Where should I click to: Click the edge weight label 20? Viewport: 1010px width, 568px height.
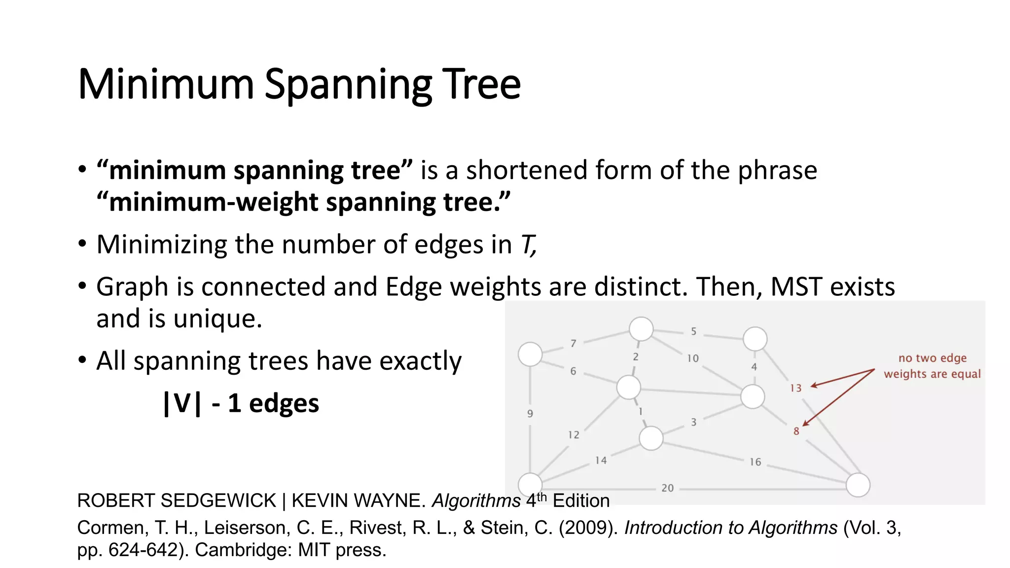[667, 488]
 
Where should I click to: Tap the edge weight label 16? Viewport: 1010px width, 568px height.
[755, 462]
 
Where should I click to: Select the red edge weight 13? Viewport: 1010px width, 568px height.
[795, 389]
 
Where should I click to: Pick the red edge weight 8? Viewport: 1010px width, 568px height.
[796, 431]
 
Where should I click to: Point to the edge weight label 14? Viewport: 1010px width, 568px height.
[601, 461]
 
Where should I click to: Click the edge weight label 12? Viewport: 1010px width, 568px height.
[574, 435]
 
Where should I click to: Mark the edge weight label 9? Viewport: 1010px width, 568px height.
[530, 414]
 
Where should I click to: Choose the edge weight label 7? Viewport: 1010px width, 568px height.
[573, 343]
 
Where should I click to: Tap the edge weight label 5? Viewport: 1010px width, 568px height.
[693, 331]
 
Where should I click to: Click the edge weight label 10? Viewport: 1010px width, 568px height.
[693, 358]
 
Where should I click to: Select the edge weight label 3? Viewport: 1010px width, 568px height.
[693, 422]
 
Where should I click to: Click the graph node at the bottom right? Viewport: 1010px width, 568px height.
[858, 485]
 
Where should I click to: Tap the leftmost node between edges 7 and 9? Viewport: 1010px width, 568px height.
[530, 354]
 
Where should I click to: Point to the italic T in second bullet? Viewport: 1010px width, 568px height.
[527, 245]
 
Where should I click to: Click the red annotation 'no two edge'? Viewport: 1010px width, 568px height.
[932, 358]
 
